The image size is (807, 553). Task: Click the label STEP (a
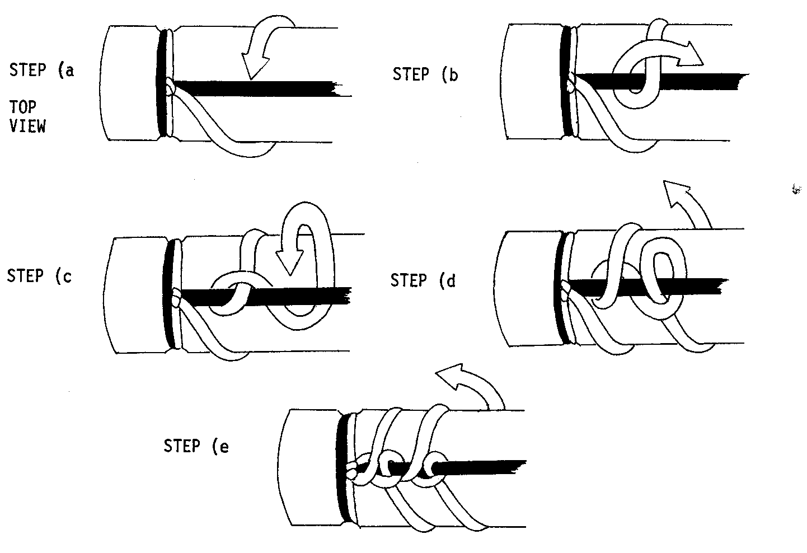pos(42,70)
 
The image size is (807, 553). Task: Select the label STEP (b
pos(425,74)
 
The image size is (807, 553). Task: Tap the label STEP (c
pos(39,276)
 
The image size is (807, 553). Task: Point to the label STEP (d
pos(423,280)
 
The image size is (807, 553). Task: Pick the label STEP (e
pos(196,446)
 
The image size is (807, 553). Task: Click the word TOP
pos(23,107)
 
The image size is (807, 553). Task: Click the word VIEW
pos(28,126)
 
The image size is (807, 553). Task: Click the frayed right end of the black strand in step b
pos(743,81)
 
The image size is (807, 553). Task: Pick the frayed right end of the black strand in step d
pos(724,287)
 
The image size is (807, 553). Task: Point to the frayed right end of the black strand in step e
pos(520,467)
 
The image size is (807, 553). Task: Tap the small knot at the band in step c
pos(177,298)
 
